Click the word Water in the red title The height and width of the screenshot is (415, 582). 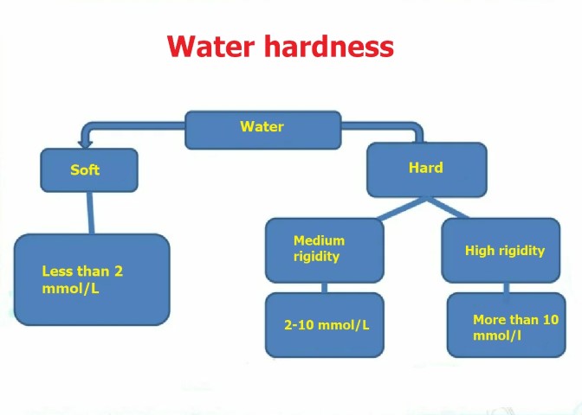(210, 46)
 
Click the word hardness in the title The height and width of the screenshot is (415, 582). (328, 46)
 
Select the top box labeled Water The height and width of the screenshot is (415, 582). (262, 130)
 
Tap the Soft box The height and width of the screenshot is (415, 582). (89, 170)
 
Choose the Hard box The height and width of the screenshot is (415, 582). (426, 169)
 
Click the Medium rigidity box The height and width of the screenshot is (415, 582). (325, 251)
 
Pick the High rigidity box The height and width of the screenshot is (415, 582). (501, 251)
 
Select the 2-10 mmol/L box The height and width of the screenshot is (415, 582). (325, 325)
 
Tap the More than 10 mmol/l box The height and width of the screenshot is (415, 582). (507, 325)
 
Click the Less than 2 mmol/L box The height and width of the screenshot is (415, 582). (92, 280)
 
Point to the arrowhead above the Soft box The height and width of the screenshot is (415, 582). (85, 144)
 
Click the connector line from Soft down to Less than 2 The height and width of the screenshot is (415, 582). (90, 213)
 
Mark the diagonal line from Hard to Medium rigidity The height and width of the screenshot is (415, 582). (402, 209)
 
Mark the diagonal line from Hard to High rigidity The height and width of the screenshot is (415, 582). (448, 208)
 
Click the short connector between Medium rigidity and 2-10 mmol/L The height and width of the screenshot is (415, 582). (325, 288)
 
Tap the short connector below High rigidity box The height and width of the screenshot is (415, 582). (507, 288)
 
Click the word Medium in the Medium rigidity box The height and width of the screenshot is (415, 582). (319, 240)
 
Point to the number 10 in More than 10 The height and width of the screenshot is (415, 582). (551, 319)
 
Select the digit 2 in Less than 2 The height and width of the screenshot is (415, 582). (119, 271)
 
